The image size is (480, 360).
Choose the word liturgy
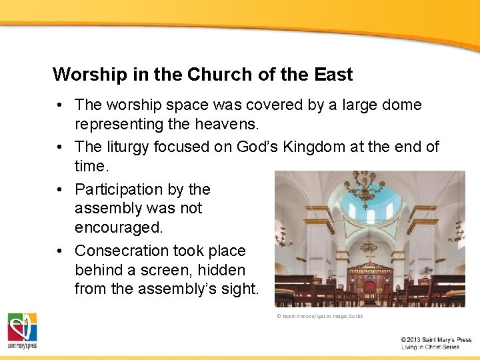pyautogui.click(x=125, y=147)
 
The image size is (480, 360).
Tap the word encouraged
pyautogui.click(x=119, y=227)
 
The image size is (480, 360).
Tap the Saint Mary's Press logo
pyautogui.click(x=23, y=331)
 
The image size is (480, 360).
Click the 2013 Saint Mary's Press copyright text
pyautogui.click(x=436, y=339)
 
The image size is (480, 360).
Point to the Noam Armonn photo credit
pyautogui.click(x=320, y=316)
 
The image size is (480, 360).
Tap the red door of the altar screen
pyautogui.click(x=369, y=289)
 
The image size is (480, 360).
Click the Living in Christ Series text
pyautogui.click(x=430, y=347)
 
